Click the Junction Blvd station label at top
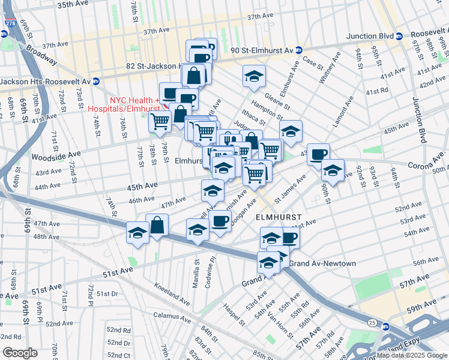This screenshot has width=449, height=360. [x=369, y=36]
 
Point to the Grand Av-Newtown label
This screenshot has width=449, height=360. [x=323, y=263]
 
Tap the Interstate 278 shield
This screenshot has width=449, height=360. [x=10, y=23]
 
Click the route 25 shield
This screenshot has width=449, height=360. [x=372, y=323]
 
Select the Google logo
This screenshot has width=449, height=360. [x=20, y=353]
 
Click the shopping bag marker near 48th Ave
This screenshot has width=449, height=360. [x=157, y=226]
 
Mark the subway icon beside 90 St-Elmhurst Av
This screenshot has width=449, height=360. [x=298, y=50]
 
